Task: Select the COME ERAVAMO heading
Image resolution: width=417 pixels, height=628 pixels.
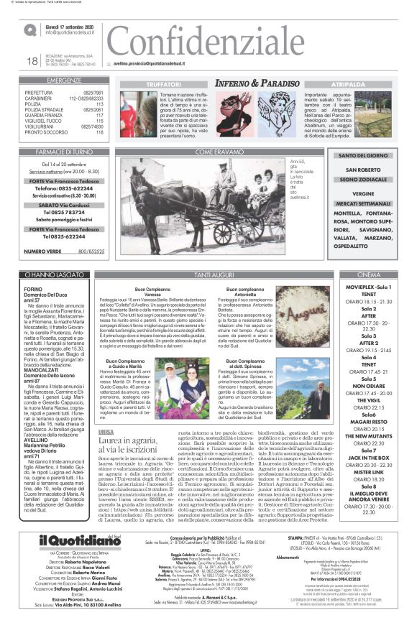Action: (x=214, y=152)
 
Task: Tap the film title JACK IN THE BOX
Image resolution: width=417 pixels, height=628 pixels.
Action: (x=368, y=456)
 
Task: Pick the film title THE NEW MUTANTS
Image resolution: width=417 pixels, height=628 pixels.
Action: (x=368, y=436)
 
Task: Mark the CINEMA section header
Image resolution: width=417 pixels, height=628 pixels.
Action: (x=368, y=275)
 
